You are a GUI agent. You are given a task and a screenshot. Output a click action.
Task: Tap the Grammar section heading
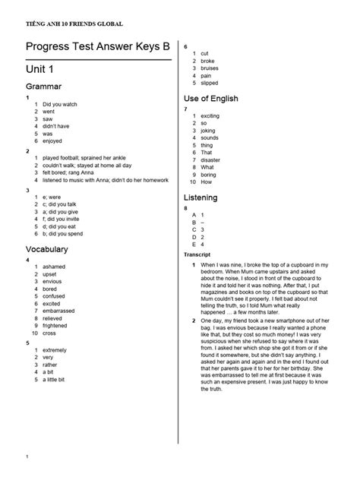[x=44, y=87]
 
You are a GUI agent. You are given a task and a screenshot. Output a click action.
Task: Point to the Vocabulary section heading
[x=47, y=249]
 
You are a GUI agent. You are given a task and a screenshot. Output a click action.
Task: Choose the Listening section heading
[x=201, y=197]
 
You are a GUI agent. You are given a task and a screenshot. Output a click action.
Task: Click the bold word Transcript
[x=197, y=254]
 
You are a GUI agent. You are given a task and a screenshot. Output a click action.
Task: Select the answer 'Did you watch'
[x=60, y=103]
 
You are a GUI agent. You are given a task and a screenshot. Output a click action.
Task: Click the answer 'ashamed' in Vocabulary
[x=54, y=267]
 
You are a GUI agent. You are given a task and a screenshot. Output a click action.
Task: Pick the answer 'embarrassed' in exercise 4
[x=58, y=311]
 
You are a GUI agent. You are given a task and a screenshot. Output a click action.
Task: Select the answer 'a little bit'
[x=54, y=379]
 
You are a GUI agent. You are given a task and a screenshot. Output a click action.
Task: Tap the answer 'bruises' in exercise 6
[x=209, y=68]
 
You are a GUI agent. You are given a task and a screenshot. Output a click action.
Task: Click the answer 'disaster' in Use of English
[x=211, y=160]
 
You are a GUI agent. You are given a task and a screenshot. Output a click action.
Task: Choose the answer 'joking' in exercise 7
[x=209, y=130]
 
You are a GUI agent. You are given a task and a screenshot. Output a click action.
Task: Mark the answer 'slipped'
[x=209, y=83]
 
